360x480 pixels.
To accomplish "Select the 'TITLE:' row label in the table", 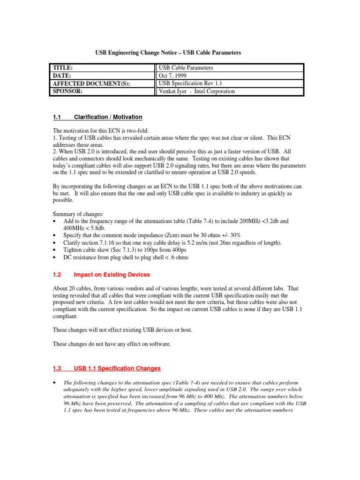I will pyautogui.click(x=63, y=68).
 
